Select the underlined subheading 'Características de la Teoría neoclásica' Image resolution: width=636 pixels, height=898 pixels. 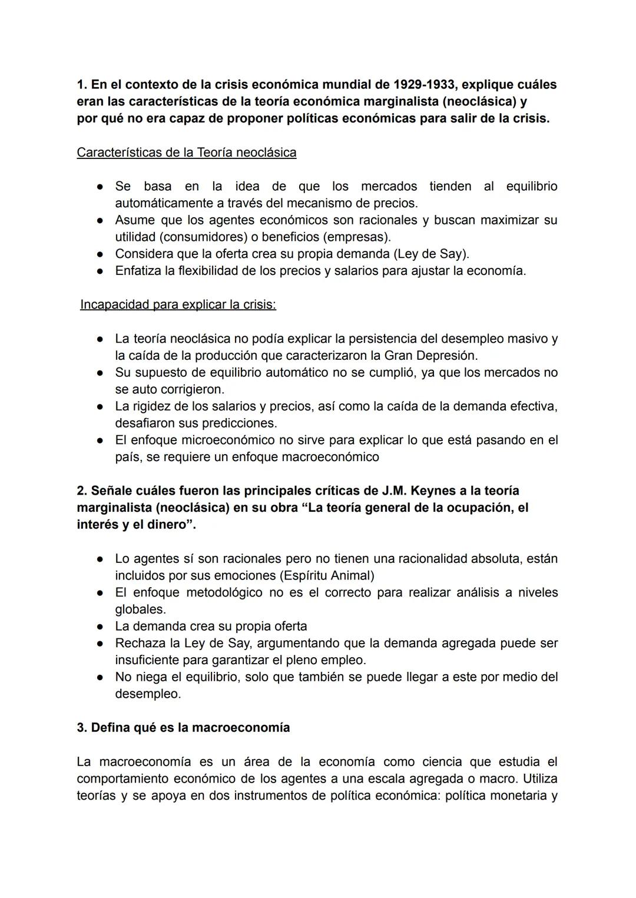point(187,153)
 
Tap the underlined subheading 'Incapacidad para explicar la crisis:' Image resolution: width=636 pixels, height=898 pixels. point(178,305)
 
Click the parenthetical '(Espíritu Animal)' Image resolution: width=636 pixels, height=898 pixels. point(326,575)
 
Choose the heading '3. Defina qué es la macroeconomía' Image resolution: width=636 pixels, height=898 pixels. point(183,727)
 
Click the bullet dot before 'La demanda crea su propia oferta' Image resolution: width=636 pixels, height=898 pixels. point(101,627)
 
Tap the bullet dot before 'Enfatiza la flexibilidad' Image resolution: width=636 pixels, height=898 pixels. point(101,271)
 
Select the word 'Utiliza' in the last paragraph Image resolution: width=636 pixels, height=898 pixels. point(539,778)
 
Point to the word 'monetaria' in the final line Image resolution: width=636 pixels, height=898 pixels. point(519,796)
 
